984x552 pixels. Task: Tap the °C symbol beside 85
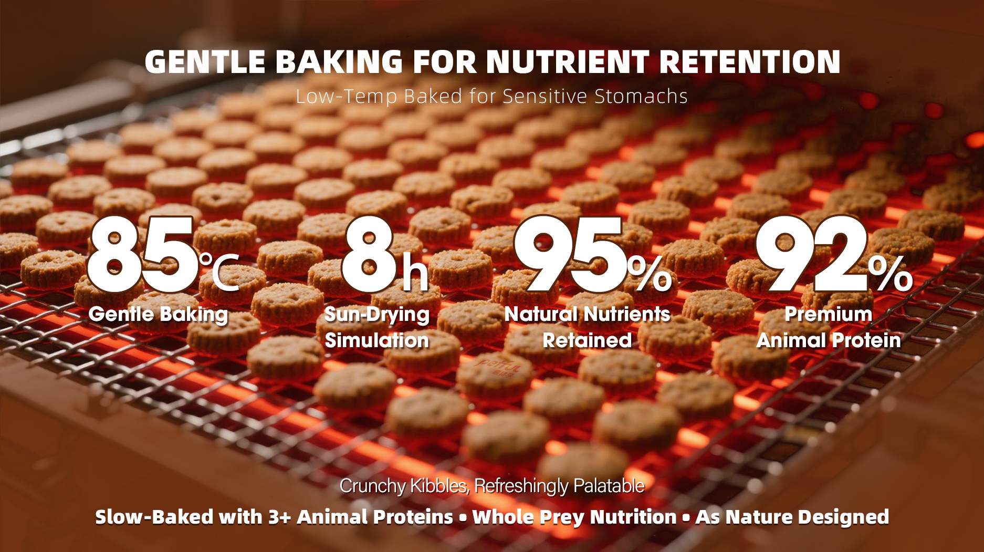[219, 272]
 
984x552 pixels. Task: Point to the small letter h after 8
[415, 273]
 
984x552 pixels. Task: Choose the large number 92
[812, 255]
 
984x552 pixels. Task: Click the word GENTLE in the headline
[205, 62]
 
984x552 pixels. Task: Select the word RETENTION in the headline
[750, 62]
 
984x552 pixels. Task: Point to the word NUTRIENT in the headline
[568, 62]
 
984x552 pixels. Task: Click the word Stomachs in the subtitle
[641, 96]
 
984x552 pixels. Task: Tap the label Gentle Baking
[158, 315]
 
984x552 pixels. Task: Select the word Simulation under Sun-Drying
[377, 340]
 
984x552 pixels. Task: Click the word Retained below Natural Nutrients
[587, 340]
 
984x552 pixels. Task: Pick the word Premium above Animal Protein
[829, 314]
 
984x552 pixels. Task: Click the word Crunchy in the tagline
[372, 486]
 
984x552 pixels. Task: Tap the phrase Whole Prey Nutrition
[574, 517]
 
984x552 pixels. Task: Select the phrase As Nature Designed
[792, 517]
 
